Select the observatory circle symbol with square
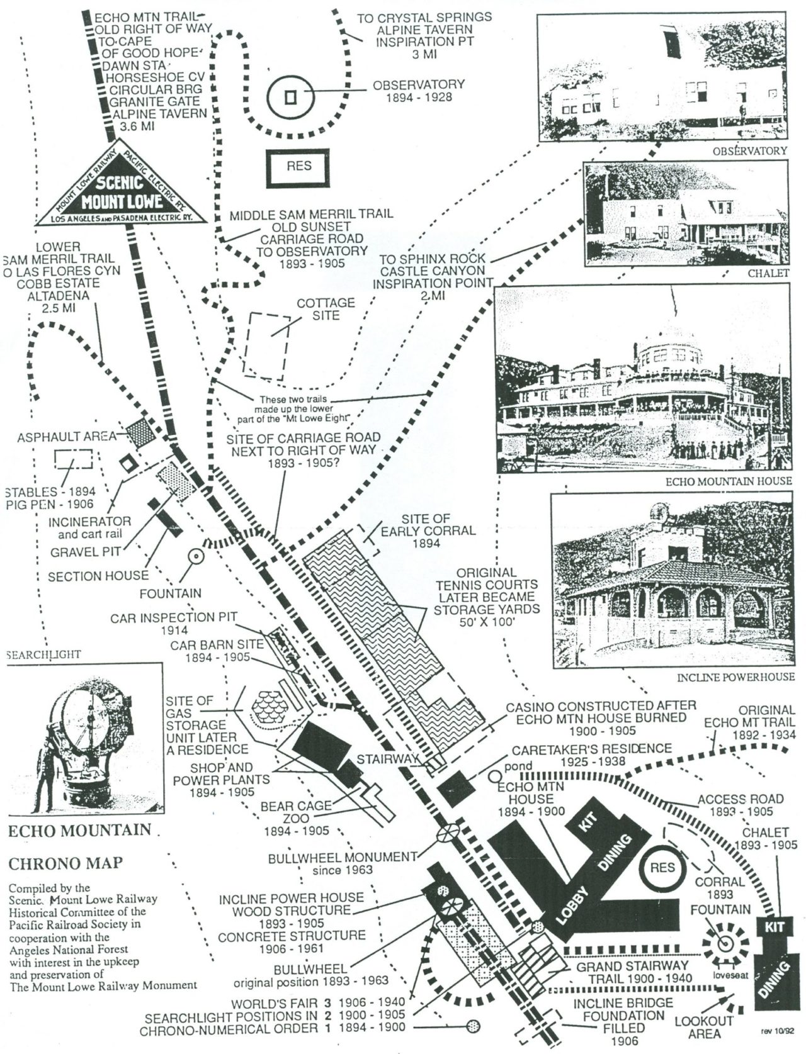coord(290,98)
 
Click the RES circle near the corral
coord(661,868)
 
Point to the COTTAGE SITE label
coord(326,308)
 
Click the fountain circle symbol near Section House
coord(195,556)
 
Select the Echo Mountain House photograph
coord(642,378)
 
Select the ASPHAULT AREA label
coord(66,437)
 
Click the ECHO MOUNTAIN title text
coord(79,830)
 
